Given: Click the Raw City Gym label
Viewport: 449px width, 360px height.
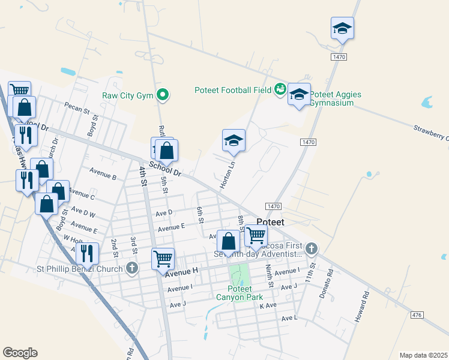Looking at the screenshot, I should click(x=128, y=95).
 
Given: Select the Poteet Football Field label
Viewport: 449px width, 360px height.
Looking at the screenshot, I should click(x=233, y=90).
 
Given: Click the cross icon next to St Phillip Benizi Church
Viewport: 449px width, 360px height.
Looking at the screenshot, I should click(x=133, y=268).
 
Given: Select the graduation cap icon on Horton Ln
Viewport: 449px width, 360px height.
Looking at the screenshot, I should click(x=234, y=141).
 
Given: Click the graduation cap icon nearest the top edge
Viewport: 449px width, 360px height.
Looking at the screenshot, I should click(x=342, y=28).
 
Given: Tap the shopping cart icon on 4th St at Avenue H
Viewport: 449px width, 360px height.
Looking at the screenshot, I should click(x=163, y=259).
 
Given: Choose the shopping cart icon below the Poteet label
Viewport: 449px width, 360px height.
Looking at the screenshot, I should click(x=256, y=236).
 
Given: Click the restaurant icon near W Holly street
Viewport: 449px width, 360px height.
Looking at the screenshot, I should click(x=88, y=254).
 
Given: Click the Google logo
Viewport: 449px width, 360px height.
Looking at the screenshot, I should click(x=20, y=353).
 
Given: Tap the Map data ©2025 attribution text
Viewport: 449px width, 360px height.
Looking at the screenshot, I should click(x=423, y=355).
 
